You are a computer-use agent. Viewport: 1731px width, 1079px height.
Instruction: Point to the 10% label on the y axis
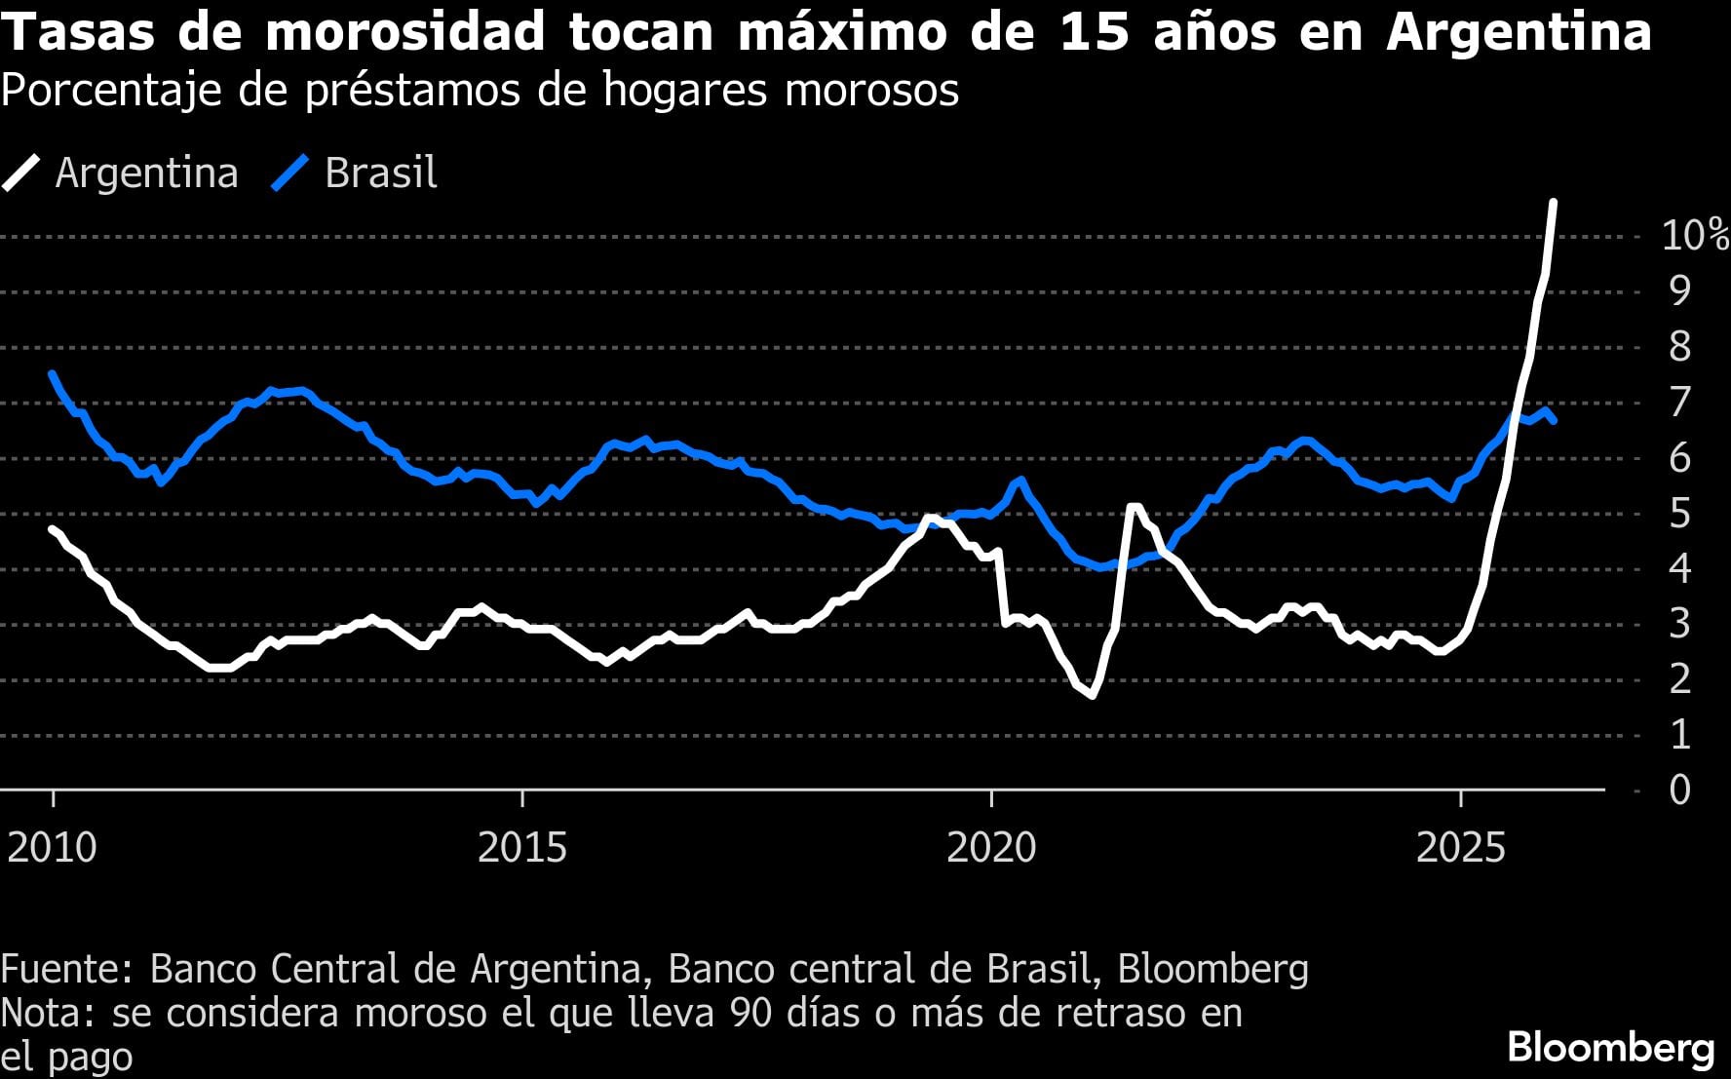tap(1694, 235)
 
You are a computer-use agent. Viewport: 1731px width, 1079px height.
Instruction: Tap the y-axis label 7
tap(1679, 402)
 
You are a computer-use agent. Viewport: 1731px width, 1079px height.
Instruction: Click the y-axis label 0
tap(1679, 790)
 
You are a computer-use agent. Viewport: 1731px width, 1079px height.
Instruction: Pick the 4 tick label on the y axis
tap(1679, 568)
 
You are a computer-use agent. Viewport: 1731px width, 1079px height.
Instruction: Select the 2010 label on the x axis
tap(53, 848)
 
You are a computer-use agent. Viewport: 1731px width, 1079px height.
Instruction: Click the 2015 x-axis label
tap(522, 848)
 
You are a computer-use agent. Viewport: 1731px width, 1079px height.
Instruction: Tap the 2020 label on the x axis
tap(991, 848)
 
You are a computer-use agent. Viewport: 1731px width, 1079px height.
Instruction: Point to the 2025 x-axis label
tap(1460, 848)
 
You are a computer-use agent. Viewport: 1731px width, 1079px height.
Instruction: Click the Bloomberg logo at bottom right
tap(1611, 1048)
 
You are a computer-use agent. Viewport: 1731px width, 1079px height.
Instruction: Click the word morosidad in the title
tap(404, 31)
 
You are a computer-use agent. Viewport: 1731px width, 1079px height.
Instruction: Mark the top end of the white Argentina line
tap(1553, 203)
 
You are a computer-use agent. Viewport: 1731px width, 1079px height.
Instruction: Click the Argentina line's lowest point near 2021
tap(1092, 695)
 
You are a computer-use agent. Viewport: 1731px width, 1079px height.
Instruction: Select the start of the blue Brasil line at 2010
tap(52, 373)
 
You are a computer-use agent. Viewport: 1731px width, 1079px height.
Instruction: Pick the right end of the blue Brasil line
tap(1554, 421)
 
